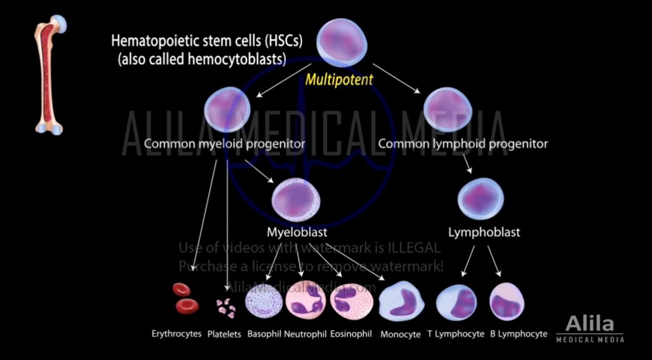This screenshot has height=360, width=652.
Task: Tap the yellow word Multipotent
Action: [339, 80]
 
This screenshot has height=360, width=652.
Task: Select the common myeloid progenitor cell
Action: [227, 109]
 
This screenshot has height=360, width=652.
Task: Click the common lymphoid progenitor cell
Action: [448, 109]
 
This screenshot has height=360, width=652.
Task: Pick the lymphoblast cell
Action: [480, 198]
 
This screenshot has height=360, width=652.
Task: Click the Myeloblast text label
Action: [296, 232]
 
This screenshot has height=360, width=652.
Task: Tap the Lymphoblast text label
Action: [484, 232]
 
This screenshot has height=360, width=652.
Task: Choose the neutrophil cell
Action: [305, 301]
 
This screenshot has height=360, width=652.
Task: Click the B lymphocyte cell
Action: [507, 301]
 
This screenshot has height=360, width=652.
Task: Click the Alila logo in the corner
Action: [590, 329]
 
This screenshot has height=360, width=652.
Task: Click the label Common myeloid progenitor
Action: [224, 144]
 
